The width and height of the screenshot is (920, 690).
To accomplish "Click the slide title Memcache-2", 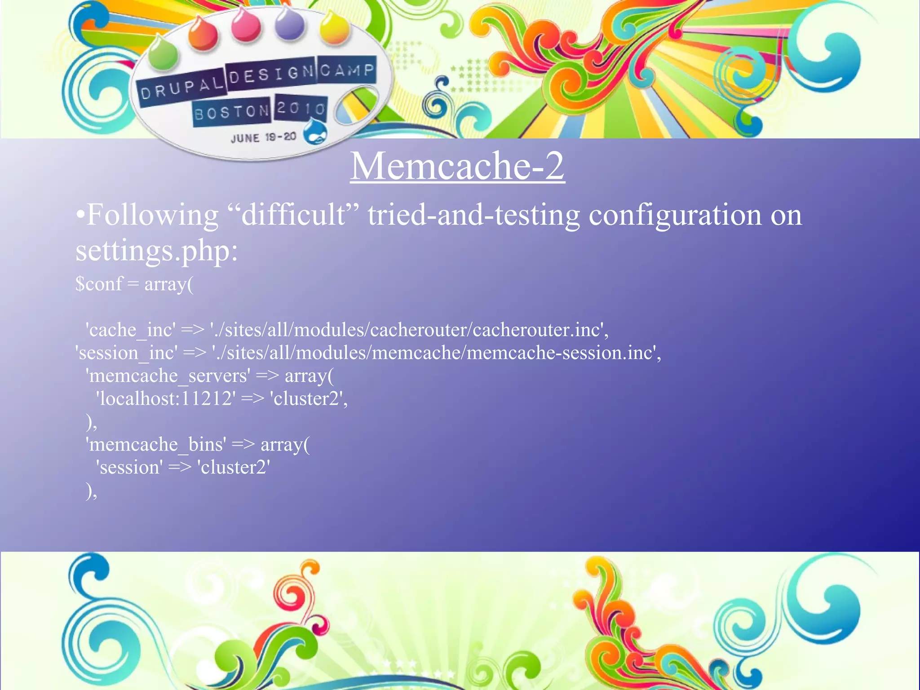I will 457,166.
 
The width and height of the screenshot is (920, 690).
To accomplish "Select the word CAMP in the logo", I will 347,70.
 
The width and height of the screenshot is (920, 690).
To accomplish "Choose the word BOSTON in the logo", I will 231,112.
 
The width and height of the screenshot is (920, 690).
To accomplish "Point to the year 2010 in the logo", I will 301,108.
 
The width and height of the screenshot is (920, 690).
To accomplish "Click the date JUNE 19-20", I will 263,137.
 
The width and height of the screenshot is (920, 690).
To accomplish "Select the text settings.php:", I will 156,251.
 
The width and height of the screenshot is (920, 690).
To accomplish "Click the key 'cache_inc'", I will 130,330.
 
